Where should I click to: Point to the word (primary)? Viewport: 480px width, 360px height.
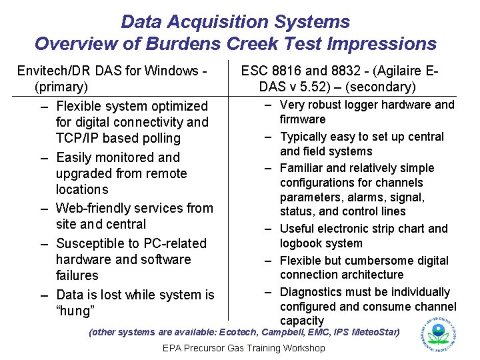coord(61,87)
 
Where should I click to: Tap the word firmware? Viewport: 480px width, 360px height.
coord(303,119)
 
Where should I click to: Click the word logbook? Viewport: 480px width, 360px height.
coord(301,243)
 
